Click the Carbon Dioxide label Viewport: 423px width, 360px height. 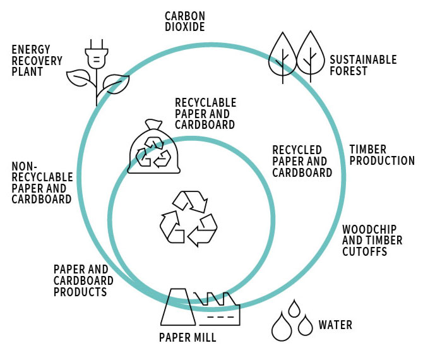[184, 21]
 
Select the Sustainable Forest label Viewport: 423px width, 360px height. [363, 65]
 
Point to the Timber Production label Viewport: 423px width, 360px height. [382, 155]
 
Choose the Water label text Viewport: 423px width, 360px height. [335, 325]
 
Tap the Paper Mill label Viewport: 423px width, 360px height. [188, 338]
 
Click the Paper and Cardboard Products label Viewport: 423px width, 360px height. [83, 280]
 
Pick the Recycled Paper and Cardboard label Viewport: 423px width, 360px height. [302, 161]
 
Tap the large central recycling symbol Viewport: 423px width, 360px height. [188, 218]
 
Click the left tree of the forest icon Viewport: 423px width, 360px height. [283, 54]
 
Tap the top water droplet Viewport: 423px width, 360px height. [293, 309]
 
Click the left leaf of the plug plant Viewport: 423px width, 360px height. [79, 76]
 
